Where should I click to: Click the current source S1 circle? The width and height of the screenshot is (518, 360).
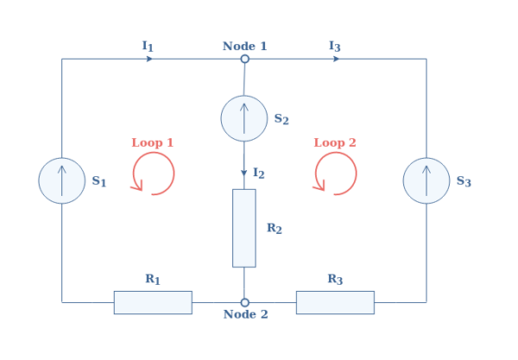62,180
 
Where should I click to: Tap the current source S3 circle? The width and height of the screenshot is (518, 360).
426,180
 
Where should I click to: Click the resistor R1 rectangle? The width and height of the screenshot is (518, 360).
153,302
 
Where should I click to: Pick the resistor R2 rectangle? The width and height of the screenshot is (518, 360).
244,228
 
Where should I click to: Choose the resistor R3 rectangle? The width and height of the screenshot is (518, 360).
335,302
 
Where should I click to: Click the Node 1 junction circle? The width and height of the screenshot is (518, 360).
244,60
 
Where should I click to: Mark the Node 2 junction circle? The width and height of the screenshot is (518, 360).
244,302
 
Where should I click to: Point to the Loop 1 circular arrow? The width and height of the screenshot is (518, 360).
154,174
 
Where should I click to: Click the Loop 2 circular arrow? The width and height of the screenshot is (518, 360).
335,174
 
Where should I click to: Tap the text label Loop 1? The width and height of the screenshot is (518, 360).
153,142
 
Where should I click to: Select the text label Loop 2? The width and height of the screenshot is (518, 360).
335,142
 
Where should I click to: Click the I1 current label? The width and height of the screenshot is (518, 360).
148,45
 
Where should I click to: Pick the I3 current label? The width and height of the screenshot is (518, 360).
334,45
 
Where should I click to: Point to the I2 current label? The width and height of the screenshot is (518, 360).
258,174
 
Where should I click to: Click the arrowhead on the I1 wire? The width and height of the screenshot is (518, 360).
150,60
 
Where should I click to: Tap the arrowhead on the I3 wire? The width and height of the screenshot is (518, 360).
336,60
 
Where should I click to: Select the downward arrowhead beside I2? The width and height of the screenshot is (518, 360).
244,173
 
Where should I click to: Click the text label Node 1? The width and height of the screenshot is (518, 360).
245,45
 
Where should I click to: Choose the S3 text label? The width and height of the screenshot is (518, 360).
464,181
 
